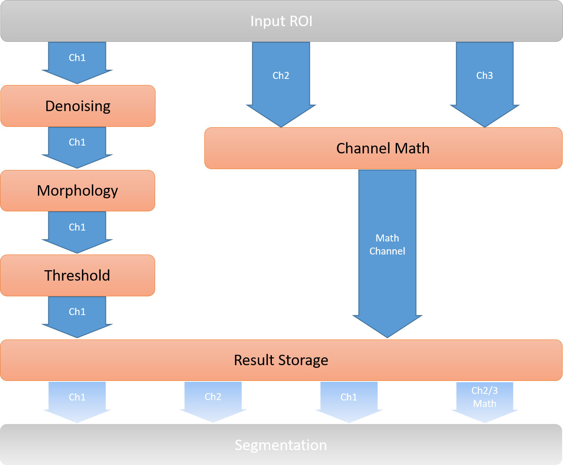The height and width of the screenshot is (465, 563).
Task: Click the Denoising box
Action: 78,106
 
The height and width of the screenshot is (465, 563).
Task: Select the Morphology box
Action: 78,191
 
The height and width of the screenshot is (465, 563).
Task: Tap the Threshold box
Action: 78,275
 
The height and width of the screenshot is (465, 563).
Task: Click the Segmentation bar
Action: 281,445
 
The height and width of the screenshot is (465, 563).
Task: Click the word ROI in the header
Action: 301,21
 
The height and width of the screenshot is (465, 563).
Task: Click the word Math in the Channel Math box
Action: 413,148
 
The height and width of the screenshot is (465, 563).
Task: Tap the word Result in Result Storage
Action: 254,360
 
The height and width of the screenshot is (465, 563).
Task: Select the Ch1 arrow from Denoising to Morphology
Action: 77,145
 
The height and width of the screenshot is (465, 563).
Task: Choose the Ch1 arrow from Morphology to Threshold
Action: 77,230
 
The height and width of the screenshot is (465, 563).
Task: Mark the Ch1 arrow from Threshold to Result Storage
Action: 77,315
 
